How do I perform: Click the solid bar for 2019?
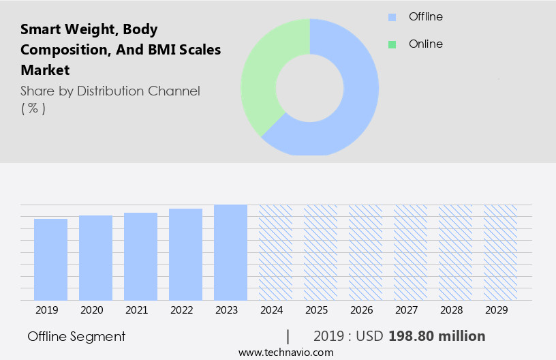pos(50,260)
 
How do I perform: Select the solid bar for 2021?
pos(140,256)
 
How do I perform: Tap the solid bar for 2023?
pos(230,252)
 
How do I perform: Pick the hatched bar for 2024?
pos(275,252)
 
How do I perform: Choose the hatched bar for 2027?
pos(410,252)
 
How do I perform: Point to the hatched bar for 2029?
pos(500,252)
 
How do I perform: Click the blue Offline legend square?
pos(392,17)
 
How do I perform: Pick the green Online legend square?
pos(392,44)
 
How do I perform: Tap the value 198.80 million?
pos(437,336)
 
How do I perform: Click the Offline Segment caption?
pos(76,336)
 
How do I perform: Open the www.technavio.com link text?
pos(285,352)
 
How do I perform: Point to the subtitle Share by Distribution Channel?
pos(110,91)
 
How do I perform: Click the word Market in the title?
pos(45,70)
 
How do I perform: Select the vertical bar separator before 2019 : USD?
pos(288,336)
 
